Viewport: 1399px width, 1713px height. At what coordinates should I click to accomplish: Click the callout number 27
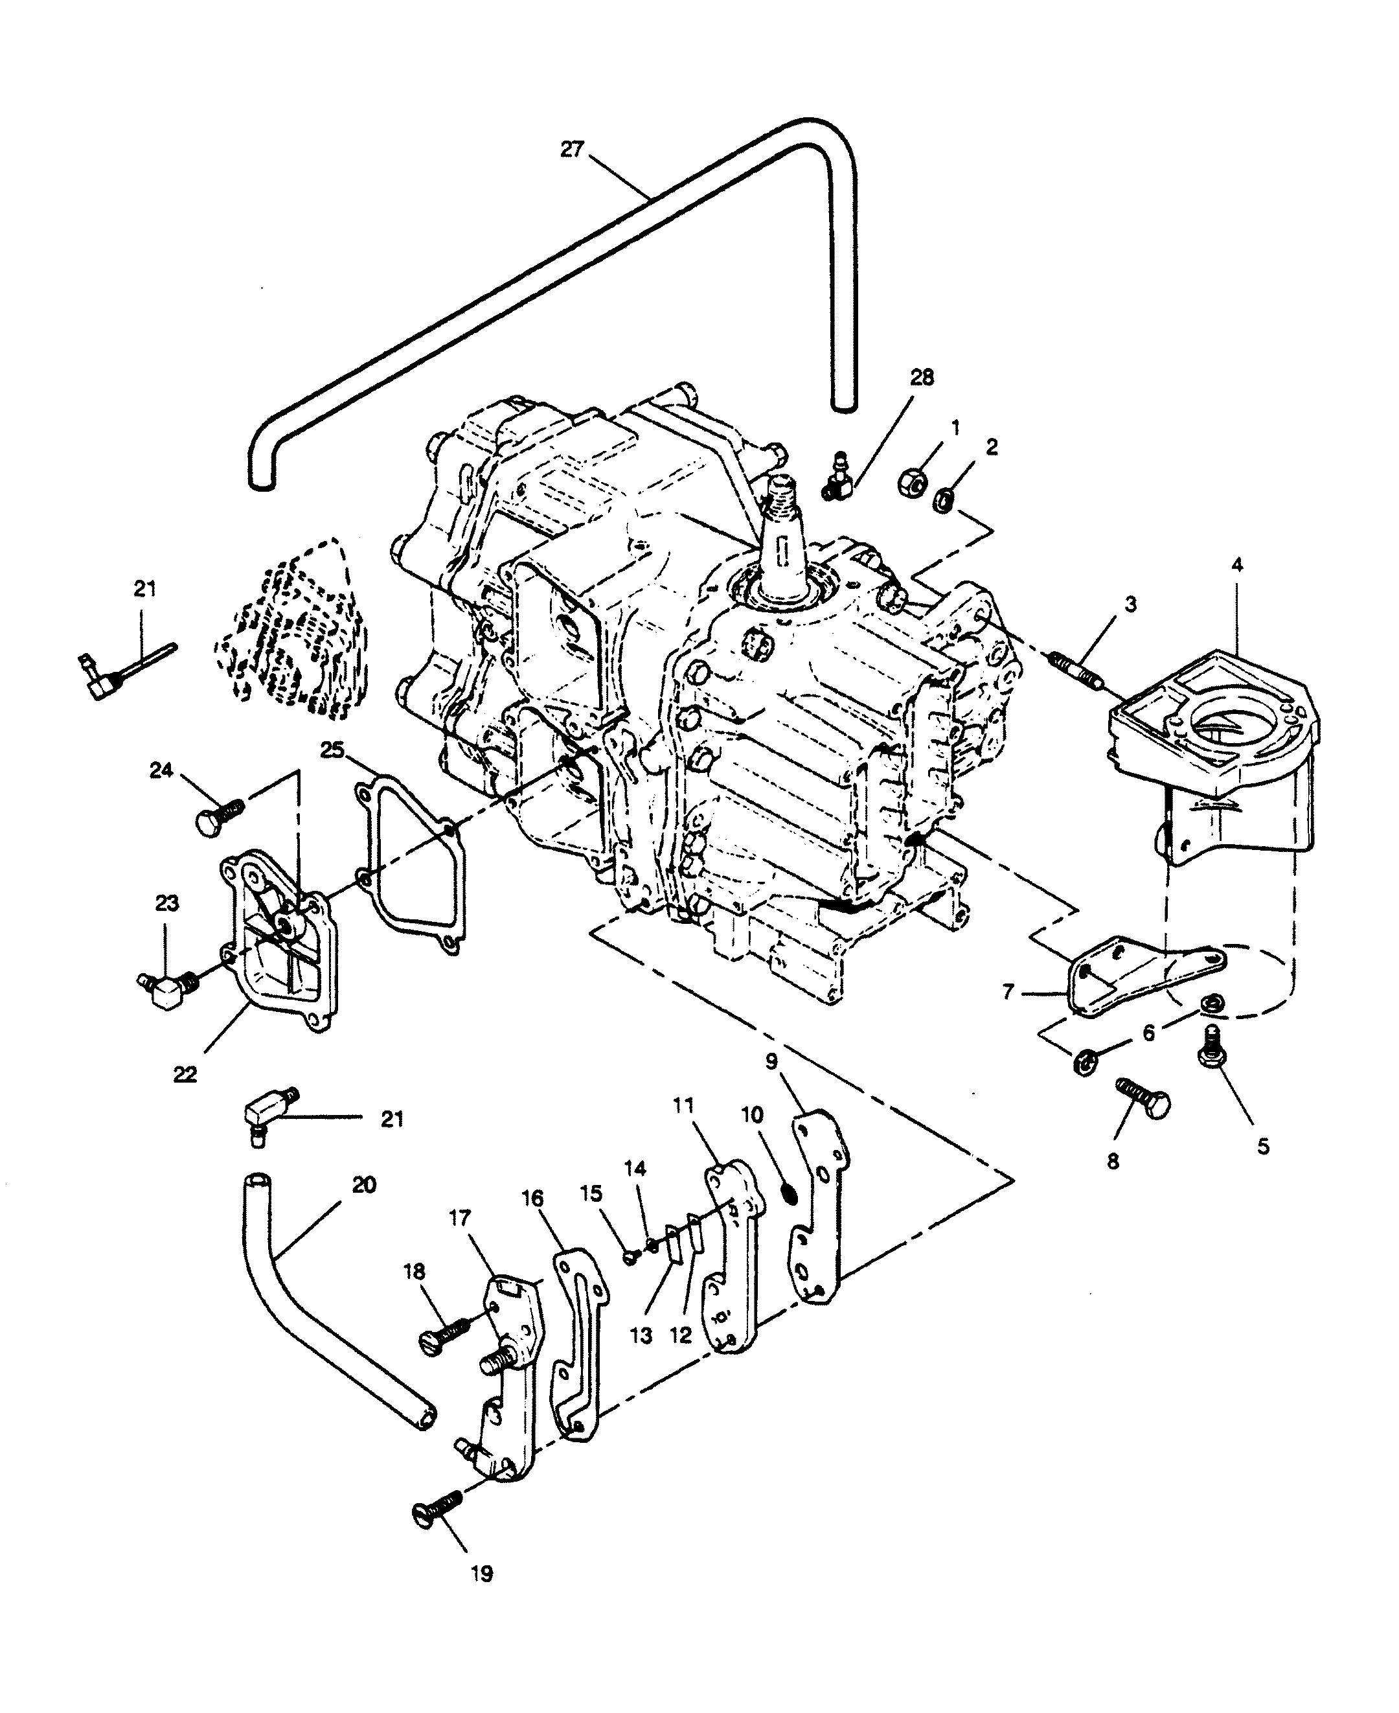(x=571, y=150)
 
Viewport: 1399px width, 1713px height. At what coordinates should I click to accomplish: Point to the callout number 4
(x=1237, y=565)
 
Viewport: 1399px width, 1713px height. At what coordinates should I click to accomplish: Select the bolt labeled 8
(x=1143, y=1097)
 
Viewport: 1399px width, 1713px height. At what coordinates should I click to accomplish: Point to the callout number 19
(x=482, y=1596)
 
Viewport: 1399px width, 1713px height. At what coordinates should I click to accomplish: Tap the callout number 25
(x=332, y=750)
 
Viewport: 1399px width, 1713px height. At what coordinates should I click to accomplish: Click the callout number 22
(x=185, y=1075)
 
